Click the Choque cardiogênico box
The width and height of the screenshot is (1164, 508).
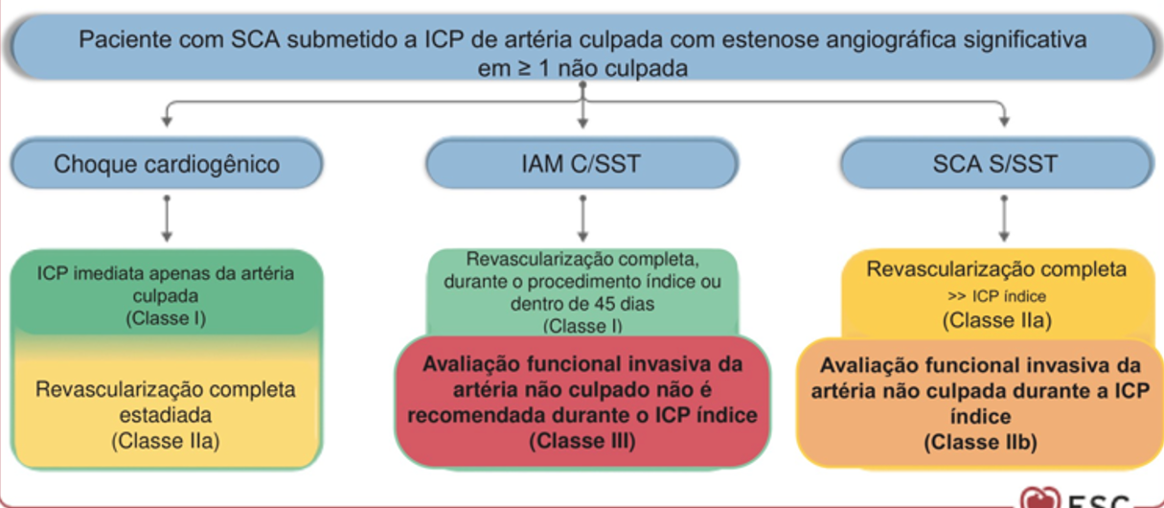[167, 164]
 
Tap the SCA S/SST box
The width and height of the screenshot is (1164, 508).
[995, 164]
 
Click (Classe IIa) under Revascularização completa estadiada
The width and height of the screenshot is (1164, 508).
[166, 441]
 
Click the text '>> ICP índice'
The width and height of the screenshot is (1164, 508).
[997, 296]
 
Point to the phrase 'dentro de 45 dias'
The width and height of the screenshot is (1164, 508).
[582, 305]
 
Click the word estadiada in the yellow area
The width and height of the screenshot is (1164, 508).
[166, 415]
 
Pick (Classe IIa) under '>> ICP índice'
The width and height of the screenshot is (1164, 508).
[997, 320]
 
